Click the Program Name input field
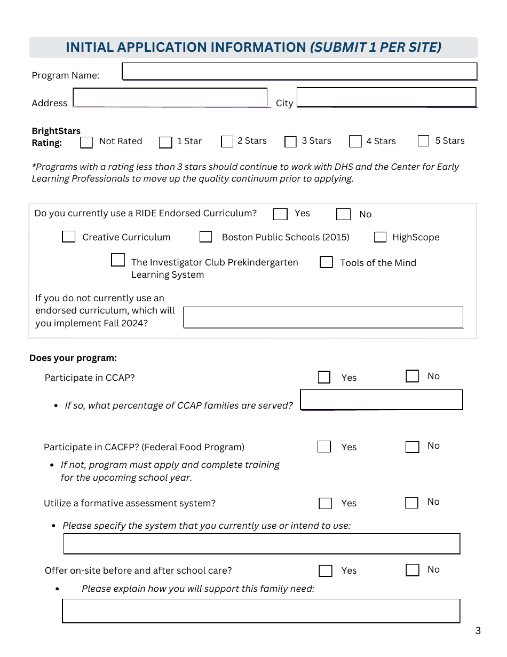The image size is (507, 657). (x=299, y=71)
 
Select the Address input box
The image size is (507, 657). (x=170, y=97)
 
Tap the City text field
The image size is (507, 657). (x=386, y=97)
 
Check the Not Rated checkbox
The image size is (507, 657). (x=86, y=143)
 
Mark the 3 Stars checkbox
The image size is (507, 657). (x=290, y=142)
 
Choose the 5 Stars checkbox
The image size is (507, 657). (x=423, y=140)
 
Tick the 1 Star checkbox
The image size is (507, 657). (x=165, y=142)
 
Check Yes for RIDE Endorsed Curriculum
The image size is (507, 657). (x=280, y=214)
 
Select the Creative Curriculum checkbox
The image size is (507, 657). (x=69, y=237)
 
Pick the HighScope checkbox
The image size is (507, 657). (x=380, y=237)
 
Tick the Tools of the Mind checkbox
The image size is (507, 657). (x=326, y=262)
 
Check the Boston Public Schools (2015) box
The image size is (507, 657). (x=205, y=237)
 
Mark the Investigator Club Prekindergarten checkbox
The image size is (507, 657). (x=118, y=260)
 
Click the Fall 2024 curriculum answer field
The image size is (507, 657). (x=323, y=317)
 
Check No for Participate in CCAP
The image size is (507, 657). (x=412, y=376)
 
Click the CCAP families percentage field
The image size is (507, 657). (x=381, y=400)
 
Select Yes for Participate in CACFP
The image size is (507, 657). (x=324, y=447)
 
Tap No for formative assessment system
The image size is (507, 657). (x=411, y=503)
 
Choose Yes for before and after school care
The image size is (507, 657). (x=326, y=570)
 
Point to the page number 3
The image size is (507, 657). (x=478, y=631)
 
